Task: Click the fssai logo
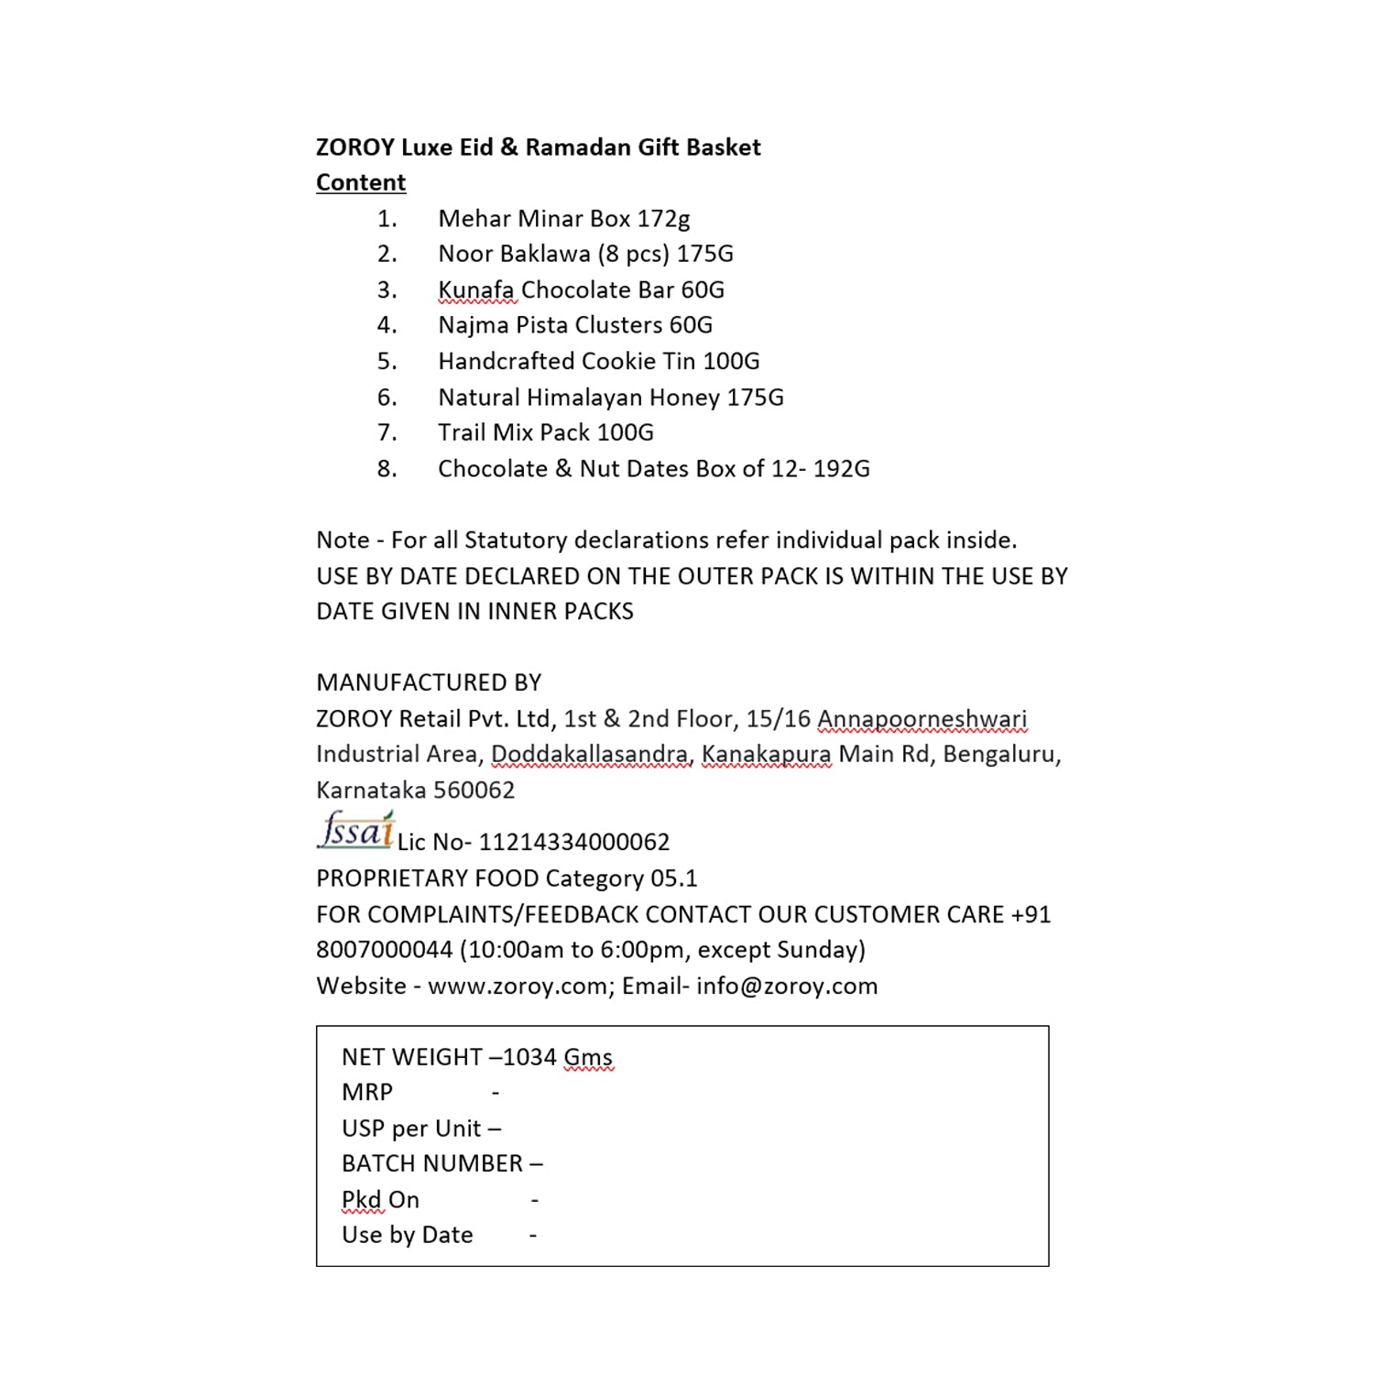click(355, 830)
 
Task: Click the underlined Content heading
click(361, 182)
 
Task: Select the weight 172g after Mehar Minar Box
click(663, 219)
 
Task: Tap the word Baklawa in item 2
click(546, 254)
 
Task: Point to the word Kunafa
click(475, 290)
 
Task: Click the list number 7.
click(387, 432)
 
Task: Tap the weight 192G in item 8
click(842, 469)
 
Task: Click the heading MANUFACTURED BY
click(429, 682)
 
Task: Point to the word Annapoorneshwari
click(921, 719)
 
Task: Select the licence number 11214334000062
click(574, 842)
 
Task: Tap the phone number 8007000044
click(385, 950)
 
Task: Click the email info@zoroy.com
click(787, 987)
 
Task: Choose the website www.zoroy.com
click(518, 987)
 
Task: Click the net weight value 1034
click(529, 1057)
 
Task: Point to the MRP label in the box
click(367, 1093)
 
